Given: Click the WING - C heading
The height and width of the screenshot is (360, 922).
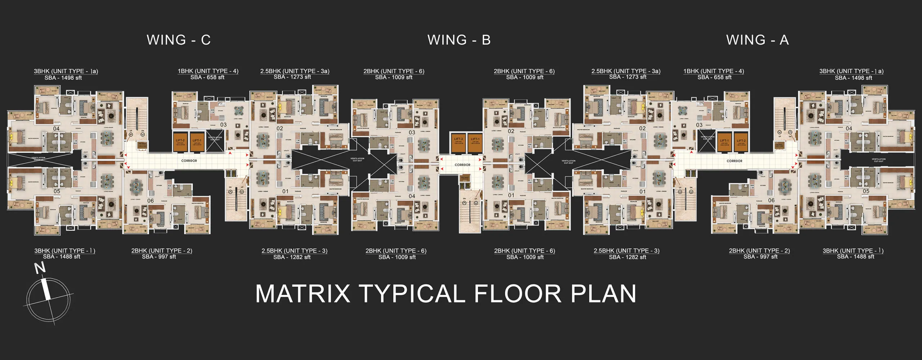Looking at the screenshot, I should [x=179, y=40].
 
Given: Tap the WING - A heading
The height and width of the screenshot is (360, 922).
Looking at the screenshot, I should [x=757, y=40].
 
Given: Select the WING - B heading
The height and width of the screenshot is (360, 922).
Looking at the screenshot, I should [x=459, y=40].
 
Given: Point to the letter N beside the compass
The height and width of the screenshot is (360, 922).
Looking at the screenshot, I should [x=40, y=268].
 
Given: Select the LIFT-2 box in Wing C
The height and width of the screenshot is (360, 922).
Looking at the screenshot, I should [x=180, y=141].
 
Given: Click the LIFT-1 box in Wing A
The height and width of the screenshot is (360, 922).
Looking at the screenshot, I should [x=724, y=141].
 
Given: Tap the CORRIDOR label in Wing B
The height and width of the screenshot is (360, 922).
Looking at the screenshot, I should [x=462, y=165].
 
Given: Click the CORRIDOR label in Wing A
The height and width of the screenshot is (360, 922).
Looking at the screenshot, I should [x=734, y=161].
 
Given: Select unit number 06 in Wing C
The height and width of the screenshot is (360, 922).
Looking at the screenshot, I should [x=151, y=201].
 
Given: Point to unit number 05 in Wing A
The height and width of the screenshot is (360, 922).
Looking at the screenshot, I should [x=866, y=191].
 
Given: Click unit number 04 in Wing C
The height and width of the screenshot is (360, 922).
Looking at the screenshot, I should [x=57, y=129].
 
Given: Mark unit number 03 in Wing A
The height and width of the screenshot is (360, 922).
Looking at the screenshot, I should [x=699, y=125].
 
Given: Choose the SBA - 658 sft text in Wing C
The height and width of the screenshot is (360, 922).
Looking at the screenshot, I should [x=207, y=77].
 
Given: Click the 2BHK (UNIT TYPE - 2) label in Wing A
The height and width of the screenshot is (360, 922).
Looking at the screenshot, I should [x=759, y=251].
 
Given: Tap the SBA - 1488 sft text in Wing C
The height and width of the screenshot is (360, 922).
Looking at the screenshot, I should [x=62, y=257].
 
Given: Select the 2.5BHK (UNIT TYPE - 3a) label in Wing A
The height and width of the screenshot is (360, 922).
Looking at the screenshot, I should [x=626, y=71].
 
